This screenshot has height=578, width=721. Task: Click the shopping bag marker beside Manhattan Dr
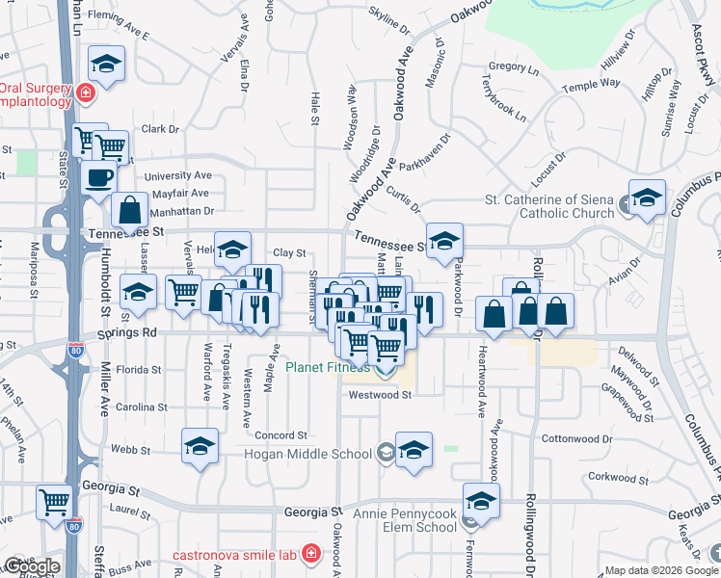[129, 210]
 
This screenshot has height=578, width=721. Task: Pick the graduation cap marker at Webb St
[200, 446]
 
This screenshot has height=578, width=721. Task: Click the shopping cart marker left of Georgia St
[55, 502]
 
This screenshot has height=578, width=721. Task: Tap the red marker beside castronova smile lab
[310, 554]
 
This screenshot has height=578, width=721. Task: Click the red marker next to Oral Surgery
[85, 92]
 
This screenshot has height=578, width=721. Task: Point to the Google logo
[32, 566]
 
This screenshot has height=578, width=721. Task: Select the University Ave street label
[177, 176]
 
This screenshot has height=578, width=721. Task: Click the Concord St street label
[280, 435]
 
